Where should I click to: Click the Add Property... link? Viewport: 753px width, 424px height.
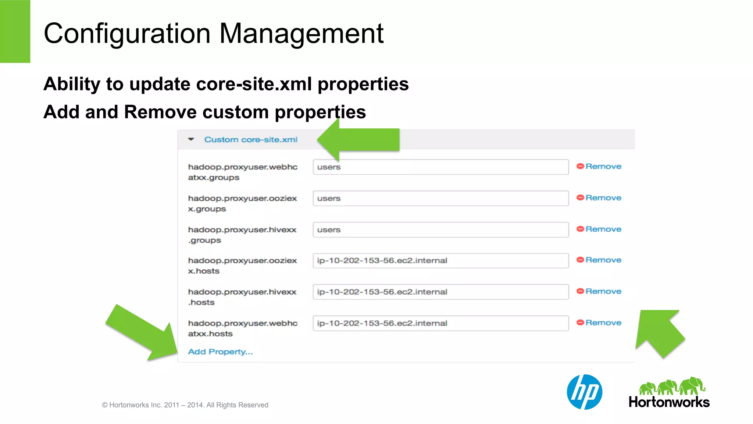click(220, 352)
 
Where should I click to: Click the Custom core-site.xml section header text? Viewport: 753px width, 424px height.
click(251, 140)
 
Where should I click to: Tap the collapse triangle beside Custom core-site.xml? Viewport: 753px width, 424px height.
click(191, 139)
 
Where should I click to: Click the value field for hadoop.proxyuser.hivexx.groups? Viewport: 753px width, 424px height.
click(440, 229)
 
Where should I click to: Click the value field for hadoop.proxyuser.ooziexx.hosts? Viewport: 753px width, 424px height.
click(440, 261)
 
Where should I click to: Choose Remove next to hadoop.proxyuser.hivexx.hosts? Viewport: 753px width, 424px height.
click(603, 291)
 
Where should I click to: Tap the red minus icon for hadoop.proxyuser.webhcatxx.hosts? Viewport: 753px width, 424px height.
click(580, 323)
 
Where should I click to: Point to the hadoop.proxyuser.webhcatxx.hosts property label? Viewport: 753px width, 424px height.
click(243, 328)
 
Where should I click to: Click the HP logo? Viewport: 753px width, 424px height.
click(584, 392)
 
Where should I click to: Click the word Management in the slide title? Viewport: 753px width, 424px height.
click(301, 33)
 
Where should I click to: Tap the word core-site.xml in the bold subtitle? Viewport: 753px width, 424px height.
click(254, 84)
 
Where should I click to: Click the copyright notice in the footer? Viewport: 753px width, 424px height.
click(185, 405)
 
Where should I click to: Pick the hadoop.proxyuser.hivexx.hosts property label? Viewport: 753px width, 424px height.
click(242, 297)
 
